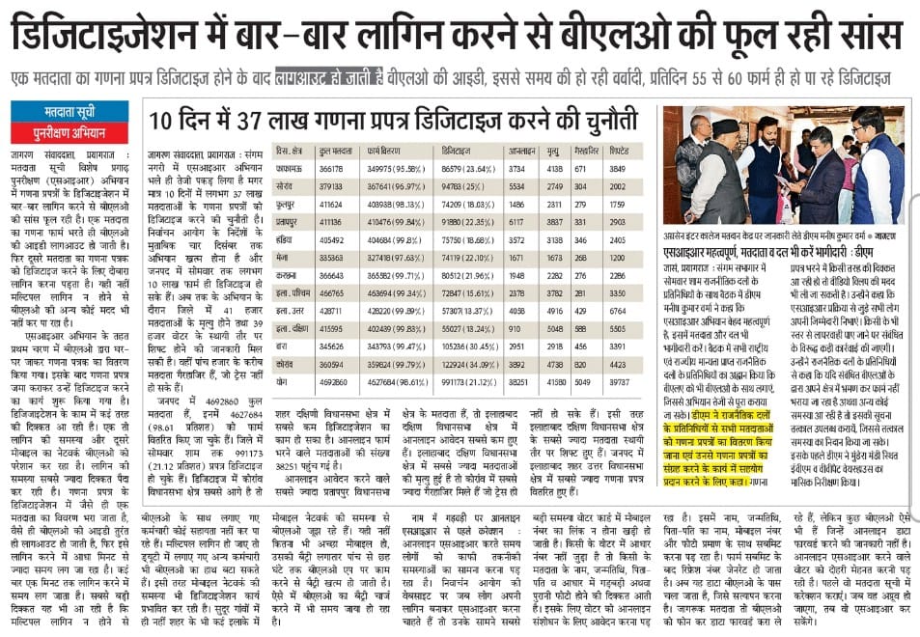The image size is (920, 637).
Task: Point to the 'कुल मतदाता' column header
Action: pyautogui.click(x=333, y=152)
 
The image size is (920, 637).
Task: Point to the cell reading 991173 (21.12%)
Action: pyautogui.click(x=465, y=381)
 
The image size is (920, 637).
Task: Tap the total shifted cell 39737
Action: pyautogui.click(x=619, y=381)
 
